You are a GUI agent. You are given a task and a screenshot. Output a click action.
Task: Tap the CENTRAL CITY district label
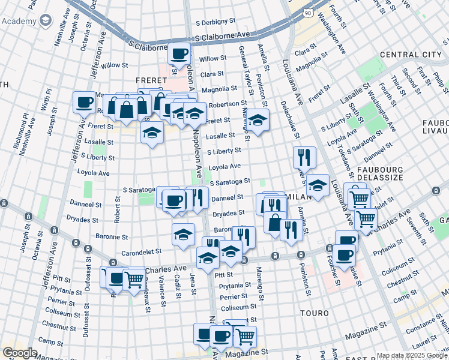pyautogui.click(x=411, y=55)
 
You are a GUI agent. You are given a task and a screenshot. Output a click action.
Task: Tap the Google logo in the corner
pyautogui.click(x=20, y=353)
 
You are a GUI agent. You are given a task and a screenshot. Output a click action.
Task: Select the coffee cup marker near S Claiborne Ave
pyautogui.click(x=179, y=53)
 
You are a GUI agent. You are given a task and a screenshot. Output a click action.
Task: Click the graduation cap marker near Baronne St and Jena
pyautogui.click(x=183, y=233)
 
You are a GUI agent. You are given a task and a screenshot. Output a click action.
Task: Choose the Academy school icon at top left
pyautogui.click(x=46, y=21)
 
